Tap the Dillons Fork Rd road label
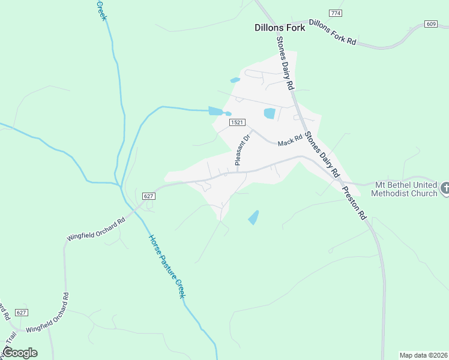pyautogui.click(x=333, y=33)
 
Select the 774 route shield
pyautogui.click(x=336, y=13)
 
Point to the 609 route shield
pyautogui.click(x=430, y=24)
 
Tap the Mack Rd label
pyautogui.click(x=289, y=141)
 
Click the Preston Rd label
pyautogui.click(x=354, y=203)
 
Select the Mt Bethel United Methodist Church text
pyautogui.click(x=405, y=188)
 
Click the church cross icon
pyautogui.click(x=445, y=188)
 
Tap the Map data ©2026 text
pyautogui.click(x=423, y=355)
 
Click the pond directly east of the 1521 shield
pyautogui.click(x=270, y=113)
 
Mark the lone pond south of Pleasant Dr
pyautogui.click(x=254, y=217)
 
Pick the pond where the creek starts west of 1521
pyautogui.click(x=215, y=111)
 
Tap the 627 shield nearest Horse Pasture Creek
pyautogui.click(x=149, y=196)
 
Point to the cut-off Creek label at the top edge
pyautogui.click(x=101, y=9)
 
